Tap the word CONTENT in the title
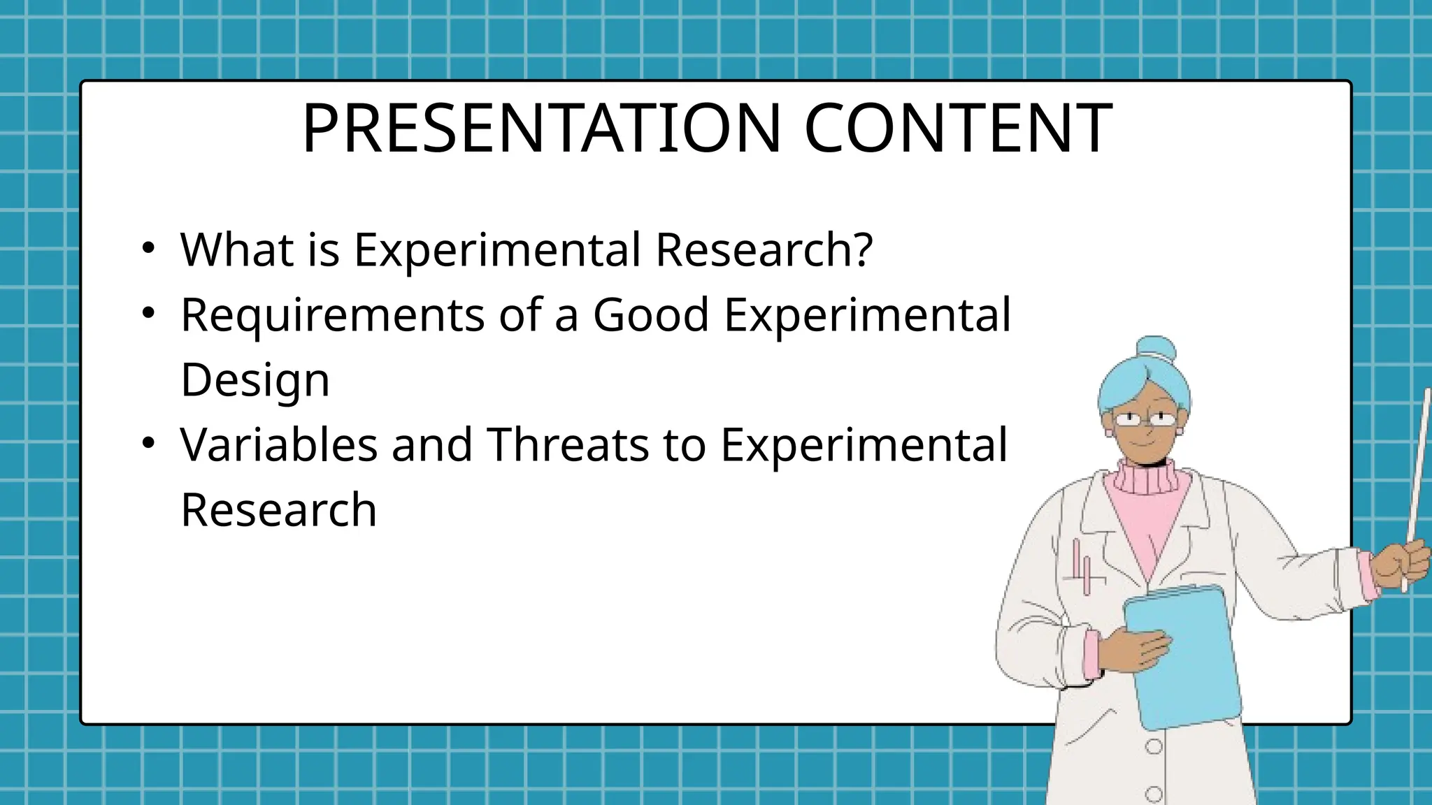(958, 129)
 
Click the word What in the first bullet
(236, 249)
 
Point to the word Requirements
(332, 315)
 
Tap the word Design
(255, 381)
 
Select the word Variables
(278, 444)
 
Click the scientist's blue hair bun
(1155, 349)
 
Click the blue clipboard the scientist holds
(1182, 657)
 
